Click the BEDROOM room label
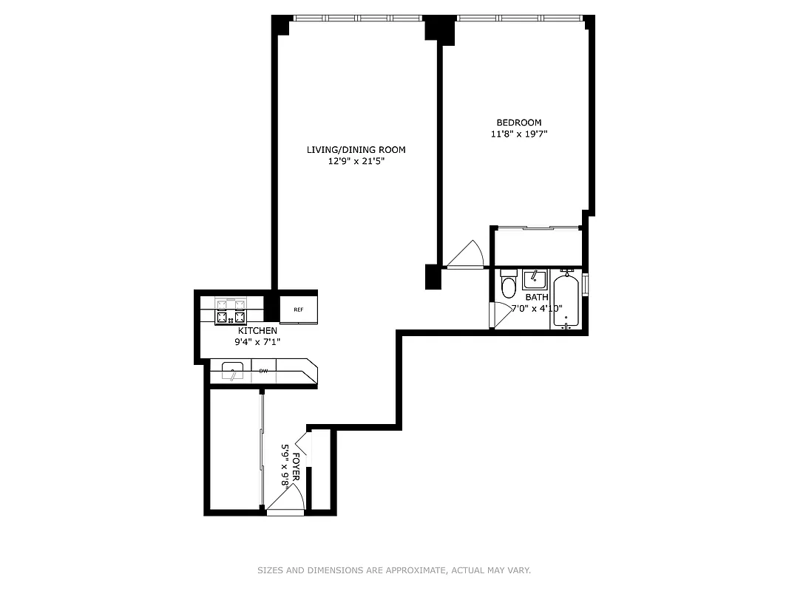point(518,123)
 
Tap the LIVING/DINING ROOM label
point(356,150)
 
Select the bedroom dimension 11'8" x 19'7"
point(518,134)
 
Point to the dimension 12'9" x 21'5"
point(356,161)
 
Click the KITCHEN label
point(257,330)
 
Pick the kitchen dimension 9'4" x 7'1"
point(257,342)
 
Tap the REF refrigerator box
point(299,310)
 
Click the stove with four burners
point(229,311)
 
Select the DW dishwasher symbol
point(263,371)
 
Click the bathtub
point(566,301)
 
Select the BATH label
point(537,297)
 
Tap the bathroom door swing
point(501,315)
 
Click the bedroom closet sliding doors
point(538,228)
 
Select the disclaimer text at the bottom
point(394,570)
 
